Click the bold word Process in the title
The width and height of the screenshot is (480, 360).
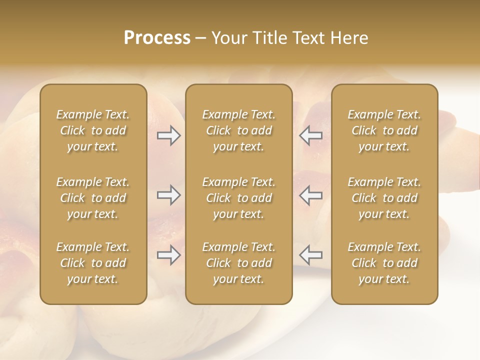pos(157,38)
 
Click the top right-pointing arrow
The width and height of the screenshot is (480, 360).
pos(169,135)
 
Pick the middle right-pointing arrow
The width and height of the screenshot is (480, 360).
pos(169,195)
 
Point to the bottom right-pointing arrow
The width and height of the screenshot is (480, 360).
pos(169,255)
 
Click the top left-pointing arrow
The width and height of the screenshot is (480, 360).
pos(310,135)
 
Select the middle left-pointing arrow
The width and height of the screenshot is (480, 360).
pos(310,195)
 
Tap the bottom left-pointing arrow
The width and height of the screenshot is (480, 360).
pos(310,255)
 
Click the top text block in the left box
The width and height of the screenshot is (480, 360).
pos(93,130)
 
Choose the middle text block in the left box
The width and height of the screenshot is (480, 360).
pos(93,198)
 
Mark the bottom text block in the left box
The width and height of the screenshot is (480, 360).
pos(93,263)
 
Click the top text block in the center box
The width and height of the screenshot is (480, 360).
pos(238,130)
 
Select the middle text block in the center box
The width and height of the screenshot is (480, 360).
pos(238,198)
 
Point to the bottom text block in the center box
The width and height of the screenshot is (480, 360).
pos(238,263)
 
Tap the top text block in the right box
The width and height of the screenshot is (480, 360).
pos(384,130)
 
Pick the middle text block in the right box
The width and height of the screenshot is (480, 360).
pos(384,198)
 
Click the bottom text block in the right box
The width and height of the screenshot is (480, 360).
pos(384,263)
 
